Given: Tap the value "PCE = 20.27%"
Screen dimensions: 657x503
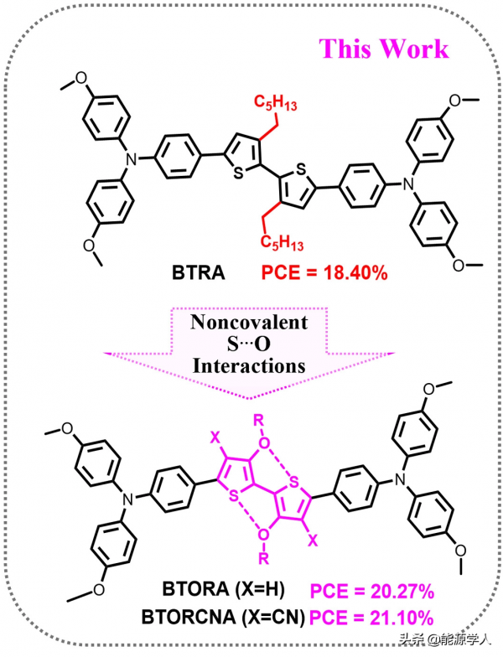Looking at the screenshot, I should point(371,592).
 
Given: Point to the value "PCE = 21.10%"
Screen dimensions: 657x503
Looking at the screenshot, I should point(371,618).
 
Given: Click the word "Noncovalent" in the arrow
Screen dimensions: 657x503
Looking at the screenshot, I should point(251,323).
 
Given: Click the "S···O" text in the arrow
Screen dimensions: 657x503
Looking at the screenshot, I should point(251,345).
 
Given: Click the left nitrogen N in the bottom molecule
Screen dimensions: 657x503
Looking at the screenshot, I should point(127,498).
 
